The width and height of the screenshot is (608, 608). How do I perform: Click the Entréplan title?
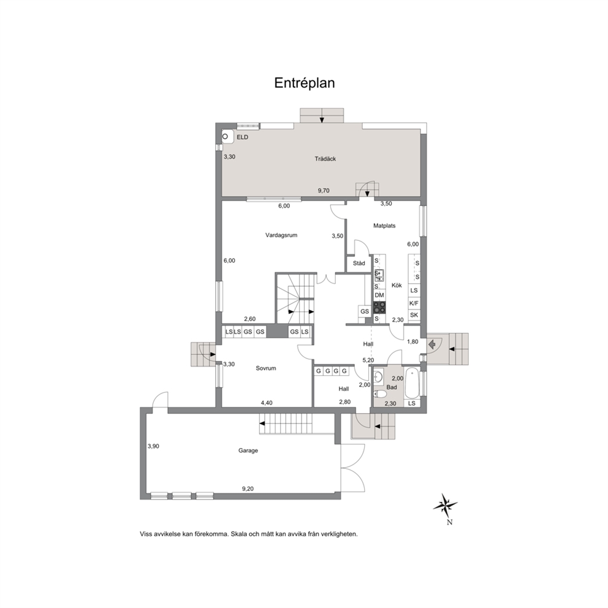(305, 83)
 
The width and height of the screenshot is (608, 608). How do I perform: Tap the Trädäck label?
(325, 159)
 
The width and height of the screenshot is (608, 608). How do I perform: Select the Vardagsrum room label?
(281, 235)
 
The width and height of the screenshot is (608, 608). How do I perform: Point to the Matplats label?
(384, 226)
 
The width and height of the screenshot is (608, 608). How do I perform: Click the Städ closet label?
(359, 264)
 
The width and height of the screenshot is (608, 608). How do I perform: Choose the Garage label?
(248, 450)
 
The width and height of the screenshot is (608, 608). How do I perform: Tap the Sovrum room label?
(265, 368)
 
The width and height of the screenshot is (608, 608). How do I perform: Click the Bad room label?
(392, 387)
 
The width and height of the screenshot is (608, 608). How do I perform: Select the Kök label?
(397, 286)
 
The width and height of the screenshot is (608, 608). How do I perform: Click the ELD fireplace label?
(242, 137)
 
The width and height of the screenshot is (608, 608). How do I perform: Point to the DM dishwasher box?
(379, 295)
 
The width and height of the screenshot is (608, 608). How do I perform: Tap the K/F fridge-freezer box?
(414, 303)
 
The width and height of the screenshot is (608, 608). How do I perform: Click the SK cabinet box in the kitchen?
(414, 315)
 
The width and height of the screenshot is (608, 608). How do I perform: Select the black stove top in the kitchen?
(379, 308)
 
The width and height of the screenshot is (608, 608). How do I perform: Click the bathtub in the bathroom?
(411, 382)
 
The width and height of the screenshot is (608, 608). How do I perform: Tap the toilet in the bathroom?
(380, 394)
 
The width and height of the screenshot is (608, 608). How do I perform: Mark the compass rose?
(445, 505)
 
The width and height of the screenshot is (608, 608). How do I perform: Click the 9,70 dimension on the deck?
(324, 191)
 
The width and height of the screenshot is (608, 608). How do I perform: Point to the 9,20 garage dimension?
(248, 489)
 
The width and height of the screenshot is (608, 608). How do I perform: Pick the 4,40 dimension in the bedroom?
(267, 403)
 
